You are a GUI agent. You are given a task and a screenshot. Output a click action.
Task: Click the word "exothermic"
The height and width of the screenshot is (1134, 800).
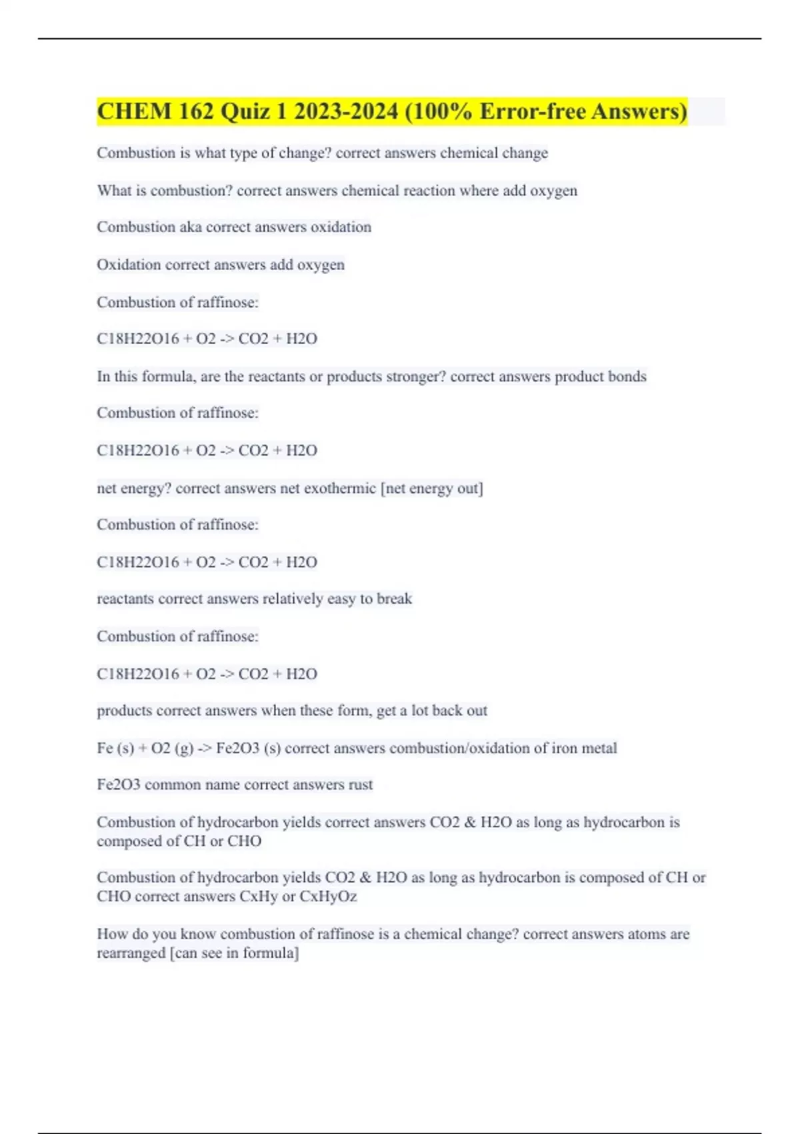340,489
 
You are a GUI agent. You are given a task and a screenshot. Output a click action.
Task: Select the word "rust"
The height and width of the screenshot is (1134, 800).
361,785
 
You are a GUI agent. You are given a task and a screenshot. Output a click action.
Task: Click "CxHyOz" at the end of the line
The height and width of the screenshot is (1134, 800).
328,897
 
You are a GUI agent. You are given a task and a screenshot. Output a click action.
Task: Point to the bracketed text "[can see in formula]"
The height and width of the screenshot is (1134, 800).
235,953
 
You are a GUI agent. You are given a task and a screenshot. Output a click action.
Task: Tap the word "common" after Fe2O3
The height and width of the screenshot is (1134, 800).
173,785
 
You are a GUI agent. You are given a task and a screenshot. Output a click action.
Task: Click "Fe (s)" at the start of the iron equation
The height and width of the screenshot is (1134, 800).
115,748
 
